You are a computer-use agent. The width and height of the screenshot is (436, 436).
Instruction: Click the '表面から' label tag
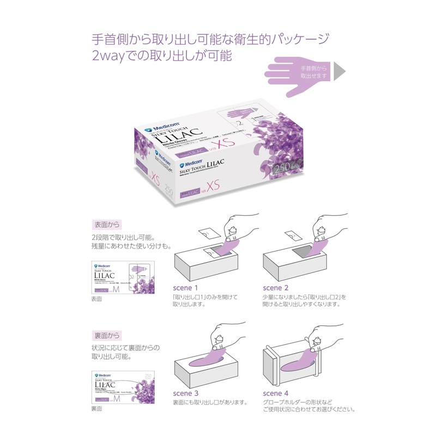pyautogui.click(x=106, y=224)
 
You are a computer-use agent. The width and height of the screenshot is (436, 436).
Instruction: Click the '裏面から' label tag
pyautogui.click(x=106, y=335)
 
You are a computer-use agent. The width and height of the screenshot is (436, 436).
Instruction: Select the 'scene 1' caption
pyautogui.click(x=185, y=287)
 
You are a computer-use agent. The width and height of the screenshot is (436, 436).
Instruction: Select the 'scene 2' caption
pyautogui.click(x=277, y=287)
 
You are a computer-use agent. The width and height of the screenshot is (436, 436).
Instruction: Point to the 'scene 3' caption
pyautogui.click(x=185, y=393)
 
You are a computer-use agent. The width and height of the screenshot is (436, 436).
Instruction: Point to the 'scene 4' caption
pyautogui.click(x=277, y=393)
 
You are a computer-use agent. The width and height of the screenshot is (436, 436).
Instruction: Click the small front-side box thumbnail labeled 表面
pyautogui.click(x=123, y=278)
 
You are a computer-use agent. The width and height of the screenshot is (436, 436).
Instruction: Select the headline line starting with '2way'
pyautogui.click(x=162, y=57)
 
